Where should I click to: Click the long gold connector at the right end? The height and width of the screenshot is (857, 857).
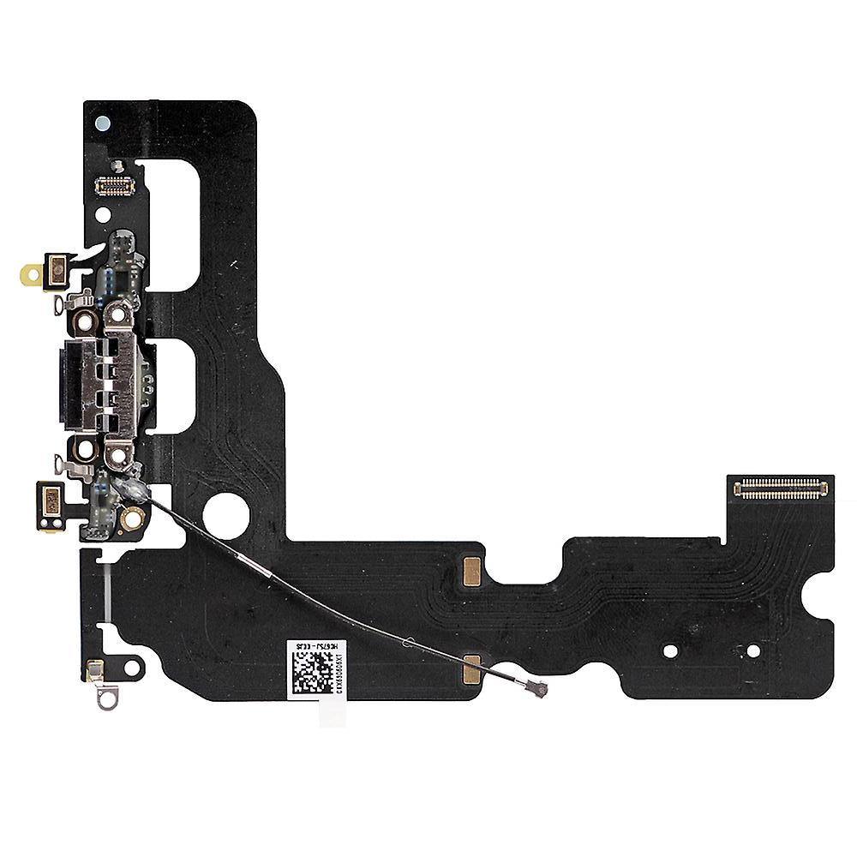point(782,489)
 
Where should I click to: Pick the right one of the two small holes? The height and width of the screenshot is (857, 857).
point(752,650)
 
